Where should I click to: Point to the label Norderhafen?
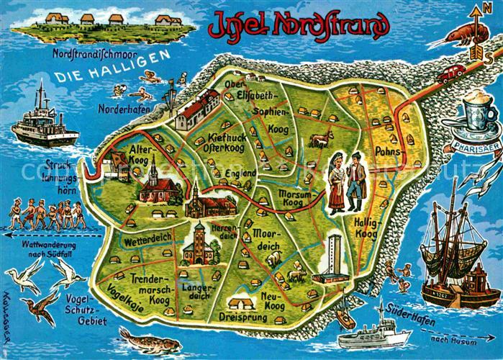coord(119,109)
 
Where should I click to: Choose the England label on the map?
coord(240,174)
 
